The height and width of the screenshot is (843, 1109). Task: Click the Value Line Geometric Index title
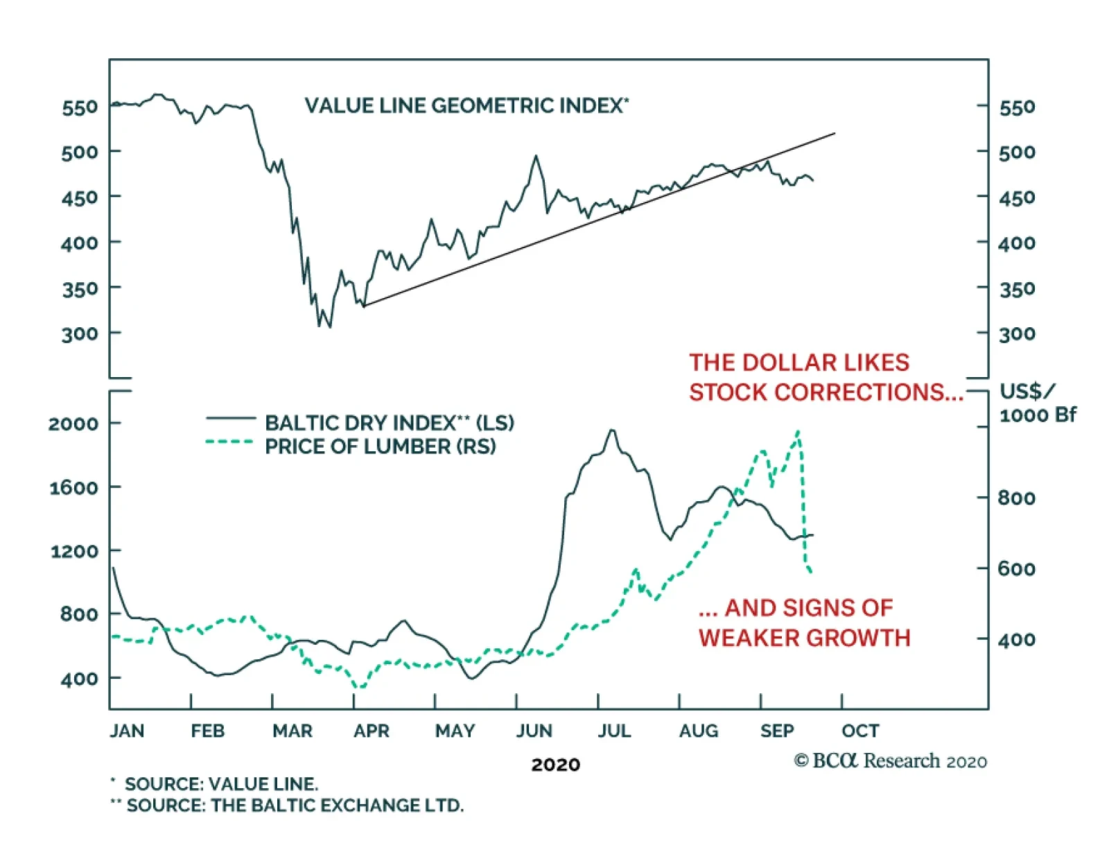[466, 105]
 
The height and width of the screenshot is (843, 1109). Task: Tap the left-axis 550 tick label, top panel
[80, 107]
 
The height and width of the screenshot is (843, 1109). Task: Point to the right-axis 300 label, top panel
[1017, 334]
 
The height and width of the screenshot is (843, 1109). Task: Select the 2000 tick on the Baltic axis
[74, 424]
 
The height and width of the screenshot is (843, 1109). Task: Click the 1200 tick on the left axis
[74, 552]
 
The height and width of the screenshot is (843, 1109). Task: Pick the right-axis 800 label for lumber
[1016, 498]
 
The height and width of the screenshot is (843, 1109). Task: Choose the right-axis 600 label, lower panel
[1016, 569]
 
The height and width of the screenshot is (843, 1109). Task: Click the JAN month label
[127, 731]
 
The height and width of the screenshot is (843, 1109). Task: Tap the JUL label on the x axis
[614, 731]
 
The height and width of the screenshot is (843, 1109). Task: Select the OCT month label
[860, 731]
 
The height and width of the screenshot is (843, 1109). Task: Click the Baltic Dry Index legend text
[390, 423]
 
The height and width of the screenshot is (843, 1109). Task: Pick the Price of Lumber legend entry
[381, 446]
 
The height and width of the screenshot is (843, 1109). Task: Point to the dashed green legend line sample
[230, 442]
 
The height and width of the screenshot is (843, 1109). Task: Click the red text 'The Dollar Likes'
[799, 363]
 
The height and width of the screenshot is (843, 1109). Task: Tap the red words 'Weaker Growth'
[804, 638]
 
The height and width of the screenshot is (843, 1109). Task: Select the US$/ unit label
[1027, 392]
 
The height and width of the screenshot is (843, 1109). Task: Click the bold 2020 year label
[555, 765]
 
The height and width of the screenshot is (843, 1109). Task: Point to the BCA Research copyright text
[890, 761]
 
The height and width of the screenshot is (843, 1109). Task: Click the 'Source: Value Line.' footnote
[221, 784]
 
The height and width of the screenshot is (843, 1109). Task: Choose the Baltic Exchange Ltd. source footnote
[295, 806]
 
